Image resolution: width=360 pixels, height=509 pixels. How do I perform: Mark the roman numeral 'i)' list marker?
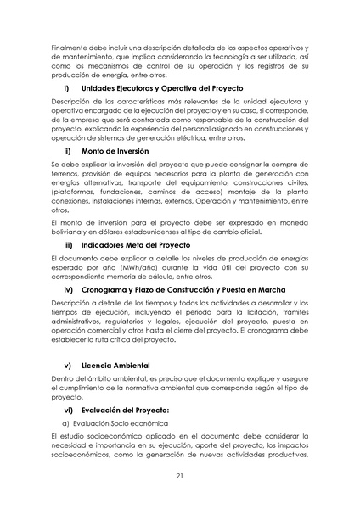click(66, 88)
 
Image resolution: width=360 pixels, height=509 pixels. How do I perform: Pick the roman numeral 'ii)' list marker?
click(67, 150)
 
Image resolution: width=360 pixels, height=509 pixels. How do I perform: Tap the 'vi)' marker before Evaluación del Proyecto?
click(69, 411)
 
